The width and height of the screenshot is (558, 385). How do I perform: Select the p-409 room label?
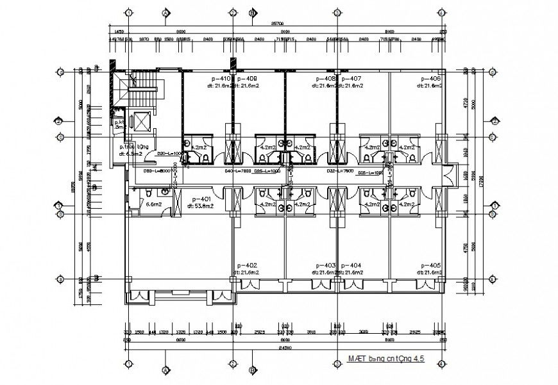coord(247,79)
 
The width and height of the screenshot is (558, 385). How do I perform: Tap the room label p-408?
coord(326,79)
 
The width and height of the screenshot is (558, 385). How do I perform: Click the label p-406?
coord(430,79)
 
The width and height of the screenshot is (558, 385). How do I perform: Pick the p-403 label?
coord(326,265)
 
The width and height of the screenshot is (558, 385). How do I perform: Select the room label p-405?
coord(430,265)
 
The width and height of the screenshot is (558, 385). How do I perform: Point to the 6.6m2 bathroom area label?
coord(153,205)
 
